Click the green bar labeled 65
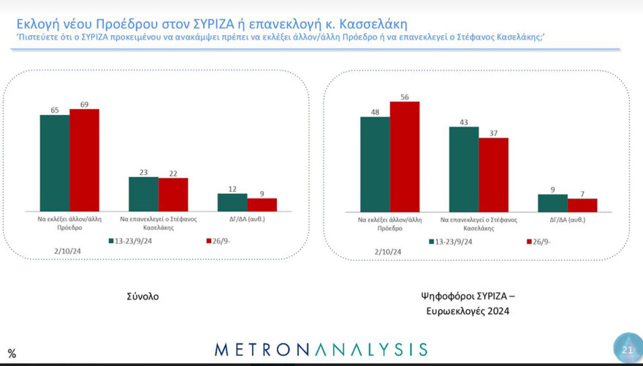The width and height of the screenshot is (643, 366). tap(55, 163)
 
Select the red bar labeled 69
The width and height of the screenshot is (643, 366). tap(84, 160)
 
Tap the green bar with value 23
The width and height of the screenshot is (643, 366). tap(143, 194)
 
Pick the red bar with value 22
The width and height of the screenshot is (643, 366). tap(173, 195)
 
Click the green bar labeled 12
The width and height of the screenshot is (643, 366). tap(232, 202)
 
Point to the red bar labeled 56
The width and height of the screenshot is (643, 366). tap(405, 156)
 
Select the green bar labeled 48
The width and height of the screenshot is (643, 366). tap(375, 164)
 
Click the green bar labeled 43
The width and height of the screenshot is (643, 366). tap(464, 169)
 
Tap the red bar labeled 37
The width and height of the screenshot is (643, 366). tap(493, 174)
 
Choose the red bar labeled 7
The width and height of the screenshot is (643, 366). tap(582, 204)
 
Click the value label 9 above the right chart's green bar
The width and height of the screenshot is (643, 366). tap(553, 190)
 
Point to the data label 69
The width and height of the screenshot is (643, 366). tap(84, 104)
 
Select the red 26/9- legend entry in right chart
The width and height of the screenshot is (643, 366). tap(541, 240)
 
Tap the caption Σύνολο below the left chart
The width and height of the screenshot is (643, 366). tap(142, 296)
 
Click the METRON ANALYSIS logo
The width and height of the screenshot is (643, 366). tap(321, 349)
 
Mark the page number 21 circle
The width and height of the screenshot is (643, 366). tap(626, 350)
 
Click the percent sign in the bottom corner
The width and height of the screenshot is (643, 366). tap(10, 354)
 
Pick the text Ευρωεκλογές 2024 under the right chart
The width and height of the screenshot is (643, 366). tap(468, 311)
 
